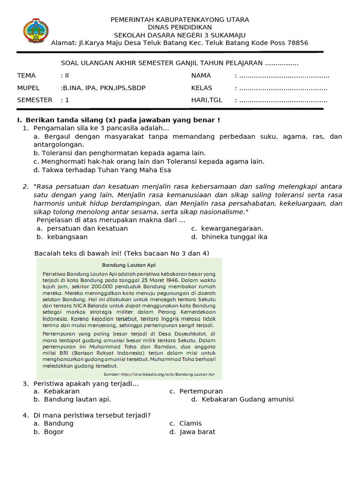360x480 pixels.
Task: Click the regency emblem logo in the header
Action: tap(35, 31)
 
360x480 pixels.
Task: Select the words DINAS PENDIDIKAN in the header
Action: tap(180, 27)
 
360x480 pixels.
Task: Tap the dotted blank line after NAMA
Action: tap(284, 75)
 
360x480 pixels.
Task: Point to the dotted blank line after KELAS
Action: tap(283, 88)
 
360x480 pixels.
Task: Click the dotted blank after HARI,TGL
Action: tap(283, 100)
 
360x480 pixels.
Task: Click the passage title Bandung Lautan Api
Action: tap(128, 265)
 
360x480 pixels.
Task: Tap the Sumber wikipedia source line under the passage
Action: tap(158, 374)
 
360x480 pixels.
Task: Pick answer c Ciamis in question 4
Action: tap(185, 423)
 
